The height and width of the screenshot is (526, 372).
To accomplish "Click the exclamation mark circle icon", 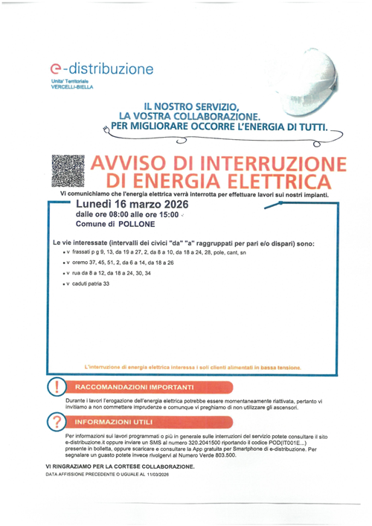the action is (56, 388).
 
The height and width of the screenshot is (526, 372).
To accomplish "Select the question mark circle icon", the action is (56, 422).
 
